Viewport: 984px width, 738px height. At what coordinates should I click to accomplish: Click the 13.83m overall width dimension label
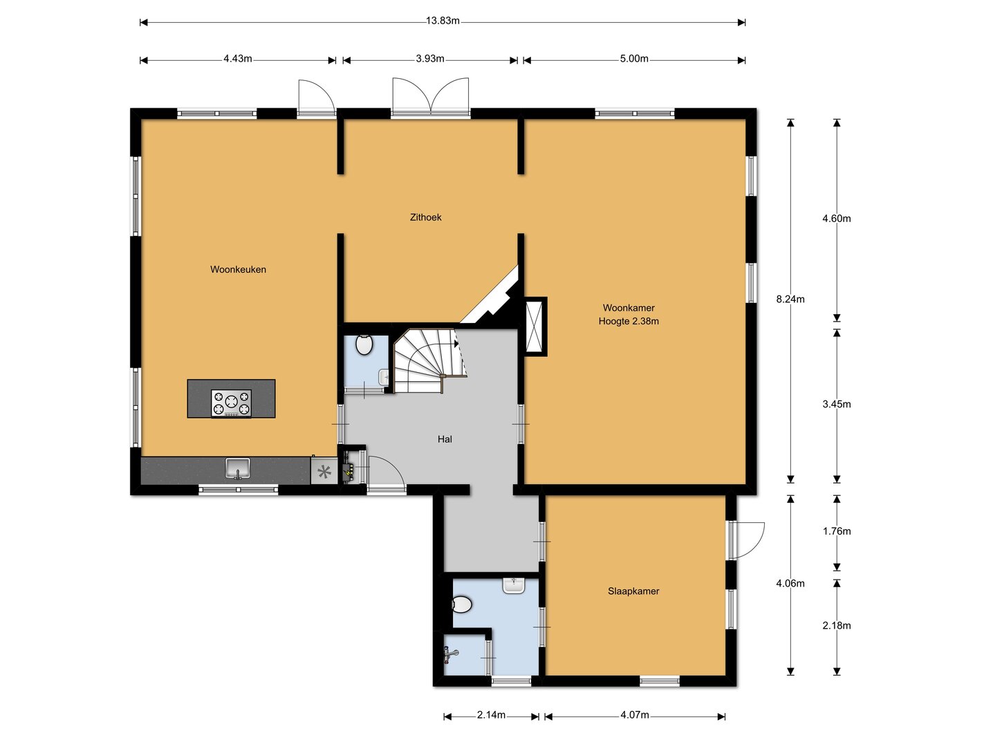point(443,21)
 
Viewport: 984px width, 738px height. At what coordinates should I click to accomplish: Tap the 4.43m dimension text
point(238,59)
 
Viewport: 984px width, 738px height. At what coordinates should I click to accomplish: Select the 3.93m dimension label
point(430,59)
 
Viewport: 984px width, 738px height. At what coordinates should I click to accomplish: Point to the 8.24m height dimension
point(790,299)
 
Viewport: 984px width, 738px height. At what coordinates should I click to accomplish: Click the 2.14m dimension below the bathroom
point(491,714)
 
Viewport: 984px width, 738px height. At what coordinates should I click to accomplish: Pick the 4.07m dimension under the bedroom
point(634,714)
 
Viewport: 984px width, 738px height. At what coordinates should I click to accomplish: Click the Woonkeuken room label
point(238,270)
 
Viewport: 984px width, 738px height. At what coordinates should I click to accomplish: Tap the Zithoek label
point(425,217)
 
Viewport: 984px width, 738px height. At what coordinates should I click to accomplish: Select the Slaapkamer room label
point(633,591)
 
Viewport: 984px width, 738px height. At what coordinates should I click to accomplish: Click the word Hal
point(445,439)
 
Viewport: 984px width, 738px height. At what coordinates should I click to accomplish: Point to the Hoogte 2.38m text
point(629,321)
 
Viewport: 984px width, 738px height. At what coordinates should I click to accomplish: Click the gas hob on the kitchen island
point(232,403)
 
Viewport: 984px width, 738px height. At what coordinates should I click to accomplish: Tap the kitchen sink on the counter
point(238,468)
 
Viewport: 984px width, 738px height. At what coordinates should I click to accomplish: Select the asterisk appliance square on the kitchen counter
point(324,471)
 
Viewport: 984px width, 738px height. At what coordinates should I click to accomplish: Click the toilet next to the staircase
point(364,344)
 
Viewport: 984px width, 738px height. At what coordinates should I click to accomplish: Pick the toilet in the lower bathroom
point(462,605)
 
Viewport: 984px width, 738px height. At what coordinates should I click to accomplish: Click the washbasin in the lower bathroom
point(514,586)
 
